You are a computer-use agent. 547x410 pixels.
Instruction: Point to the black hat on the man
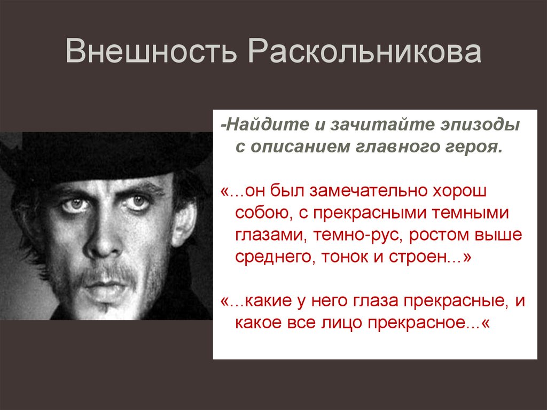tap(107, 155)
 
